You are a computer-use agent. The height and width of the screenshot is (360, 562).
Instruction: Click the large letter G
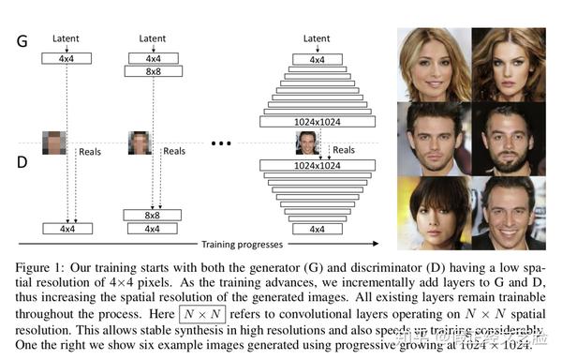point(23,41)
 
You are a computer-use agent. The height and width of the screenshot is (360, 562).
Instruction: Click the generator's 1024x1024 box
point(318,121)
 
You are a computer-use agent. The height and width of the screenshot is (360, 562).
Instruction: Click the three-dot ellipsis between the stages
point(222,144)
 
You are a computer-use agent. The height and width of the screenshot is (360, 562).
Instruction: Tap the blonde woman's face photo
point(433,63)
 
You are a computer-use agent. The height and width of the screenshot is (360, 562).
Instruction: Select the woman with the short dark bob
point(433,211)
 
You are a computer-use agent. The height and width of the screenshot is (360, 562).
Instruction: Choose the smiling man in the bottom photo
point(507,211)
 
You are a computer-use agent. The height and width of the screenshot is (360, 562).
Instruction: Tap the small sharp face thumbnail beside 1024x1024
point(307,142)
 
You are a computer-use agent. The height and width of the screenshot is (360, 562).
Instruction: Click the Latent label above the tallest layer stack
point(317,39)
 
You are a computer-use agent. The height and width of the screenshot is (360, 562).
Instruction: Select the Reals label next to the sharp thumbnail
point(345,150)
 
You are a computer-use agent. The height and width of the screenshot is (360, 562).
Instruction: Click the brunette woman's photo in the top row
point(507,63)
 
